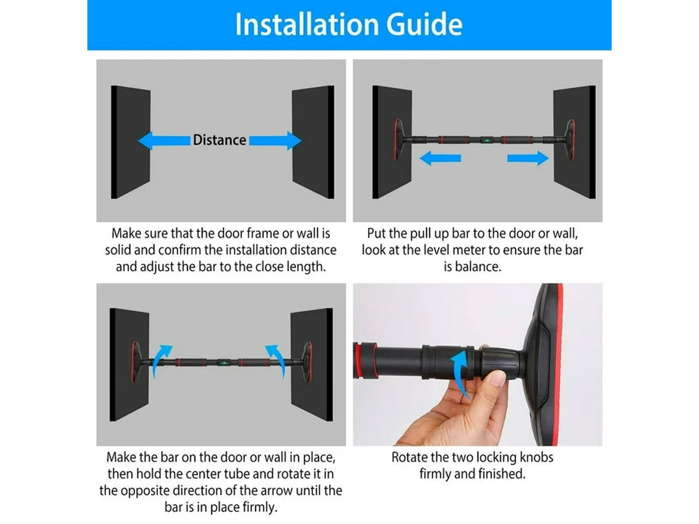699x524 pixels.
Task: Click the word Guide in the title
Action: coord(424,26)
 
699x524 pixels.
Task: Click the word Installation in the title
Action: coord(307,24)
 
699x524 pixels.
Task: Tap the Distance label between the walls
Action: coord(220,140)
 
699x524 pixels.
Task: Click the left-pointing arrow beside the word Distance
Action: coord(164,140)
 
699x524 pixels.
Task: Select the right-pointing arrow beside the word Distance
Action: coord(275,140)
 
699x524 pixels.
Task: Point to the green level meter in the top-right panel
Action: coord(486,140)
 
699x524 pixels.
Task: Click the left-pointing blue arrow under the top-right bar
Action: coord(440,158)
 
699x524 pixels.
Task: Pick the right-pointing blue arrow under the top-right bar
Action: coord(528,158)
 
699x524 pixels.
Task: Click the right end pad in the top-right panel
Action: coord(570,139)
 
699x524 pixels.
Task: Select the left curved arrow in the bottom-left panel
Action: coord(161,360)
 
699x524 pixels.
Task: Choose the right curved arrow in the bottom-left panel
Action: coord(276,360)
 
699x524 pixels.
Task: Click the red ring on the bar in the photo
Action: coord(358,360)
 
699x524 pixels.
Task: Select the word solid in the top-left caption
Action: coord(118,250)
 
